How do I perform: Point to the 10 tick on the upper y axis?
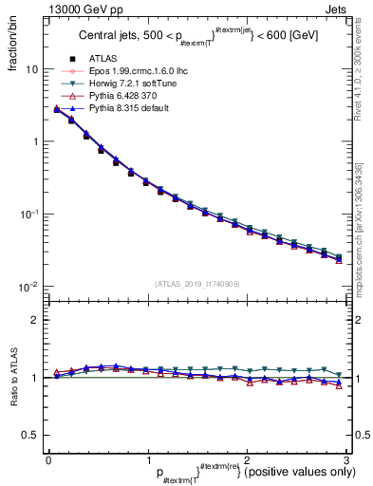(x=30, y=69)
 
